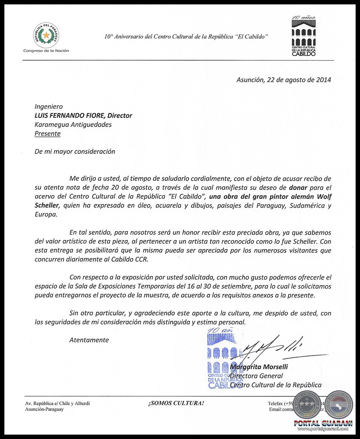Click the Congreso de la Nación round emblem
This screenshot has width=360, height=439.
pos(46,35)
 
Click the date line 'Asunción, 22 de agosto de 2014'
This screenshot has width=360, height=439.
pos(284,80)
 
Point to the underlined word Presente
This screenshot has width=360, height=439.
pos(47,134)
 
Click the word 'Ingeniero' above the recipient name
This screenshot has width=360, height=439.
pos(49,106)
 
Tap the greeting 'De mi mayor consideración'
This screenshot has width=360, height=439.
pos(75,152)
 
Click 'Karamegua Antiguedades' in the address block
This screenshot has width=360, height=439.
pos(73,124)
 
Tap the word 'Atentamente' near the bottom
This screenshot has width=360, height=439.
pos(89,340)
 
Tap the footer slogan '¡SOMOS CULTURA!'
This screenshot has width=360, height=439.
pos(176,403)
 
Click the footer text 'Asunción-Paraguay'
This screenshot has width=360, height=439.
pos(44,409)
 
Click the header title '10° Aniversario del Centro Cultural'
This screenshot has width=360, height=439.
pos(186,37)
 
